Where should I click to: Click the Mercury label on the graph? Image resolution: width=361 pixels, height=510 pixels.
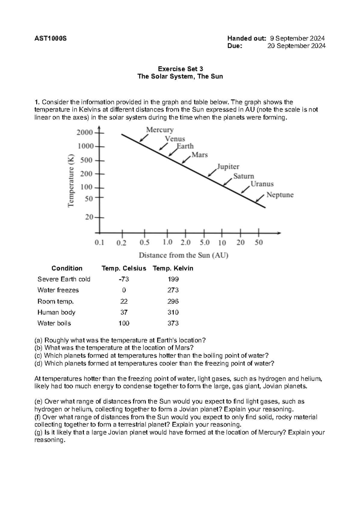coord(160,130)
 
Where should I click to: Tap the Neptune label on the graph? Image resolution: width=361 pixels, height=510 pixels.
coord(280,195)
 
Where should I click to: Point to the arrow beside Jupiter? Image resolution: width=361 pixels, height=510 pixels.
coord(212,173)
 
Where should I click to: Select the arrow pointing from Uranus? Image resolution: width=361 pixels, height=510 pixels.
coord(245,189)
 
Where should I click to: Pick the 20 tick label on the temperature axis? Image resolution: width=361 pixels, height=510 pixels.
coord(89,217)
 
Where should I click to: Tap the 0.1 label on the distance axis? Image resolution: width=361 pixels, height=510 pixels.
coord(99,242)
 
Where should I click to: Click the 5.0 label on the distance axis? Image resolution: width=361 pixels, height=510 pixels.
coord(205,242)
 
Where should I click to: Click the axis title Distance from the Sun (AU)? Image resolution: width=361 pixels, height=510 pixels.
coord(184,256)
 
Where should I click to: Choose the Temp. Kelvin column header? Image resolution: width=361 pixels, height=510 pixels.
coord(173,268)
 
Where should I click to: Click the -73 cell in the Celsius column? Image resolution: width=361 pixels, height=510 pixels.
coord(124,279)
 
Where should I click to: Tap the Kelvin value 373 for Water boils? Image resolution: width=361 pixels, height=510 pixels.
coord(173,323)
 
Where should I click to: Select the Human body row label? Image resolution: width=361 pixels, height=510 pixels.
coord(56,312)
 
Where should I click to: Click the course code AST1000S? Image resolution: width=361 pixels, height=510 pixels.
coord(51,38)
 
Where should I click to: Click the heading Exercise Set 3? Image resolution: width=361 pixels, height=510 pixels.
coord(180,69)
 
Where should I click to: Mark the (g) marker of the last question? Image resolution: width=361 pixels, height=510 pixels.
coord(39,432)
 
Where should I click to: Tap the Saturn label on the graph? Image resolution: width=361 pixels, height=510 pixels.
coord(244,176)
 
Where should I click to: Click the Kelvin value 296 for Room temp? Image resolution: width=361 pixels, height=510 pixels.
coord(173,301)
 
